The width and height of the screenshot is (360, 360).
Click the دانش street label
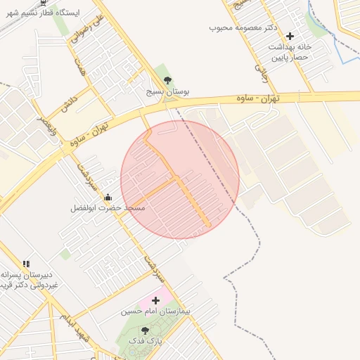(x=67, y=104)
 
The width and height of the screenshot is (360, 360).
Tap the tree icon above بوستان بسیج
(x=166, y=80)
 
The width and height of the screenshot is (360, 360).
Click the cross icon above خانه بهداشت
(x=290, y=35)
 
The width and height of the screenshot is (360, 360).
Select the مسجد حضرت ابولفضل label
(x=108, y=208)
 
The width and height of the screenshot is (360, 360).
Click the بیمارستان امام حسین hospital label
(x=156, y=310)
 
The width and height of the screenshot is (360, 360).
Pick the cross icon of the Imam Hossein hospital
(x=155, y=300)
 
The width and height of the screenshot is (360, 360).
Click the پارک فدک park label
(x=145, y=341)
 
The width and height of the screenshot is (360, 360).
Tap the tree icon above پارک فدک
(x=145, y=330)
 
